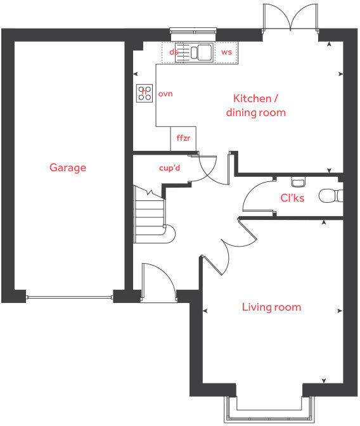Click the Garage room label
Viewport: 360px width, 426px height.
(x=68, y=168)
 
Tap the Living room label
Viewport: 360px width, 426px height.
(x=271, y=307)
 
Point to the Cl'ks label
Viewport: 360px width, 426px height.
(x=292, y=198)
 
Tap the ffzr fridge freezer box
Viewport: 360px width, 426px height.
(x=183, y=138)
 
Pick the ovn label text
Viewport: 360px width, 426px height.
(x=165, y=94)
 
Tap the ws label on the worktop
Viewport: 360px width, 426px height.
(x=226, y=52)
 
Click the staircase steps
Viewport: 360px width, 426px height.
(x=150, y=216)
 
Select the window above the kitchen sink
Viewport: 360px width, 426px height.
(x=193, y=29)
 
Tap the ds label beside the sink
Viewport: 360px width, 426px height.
(x=173, y=52)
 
